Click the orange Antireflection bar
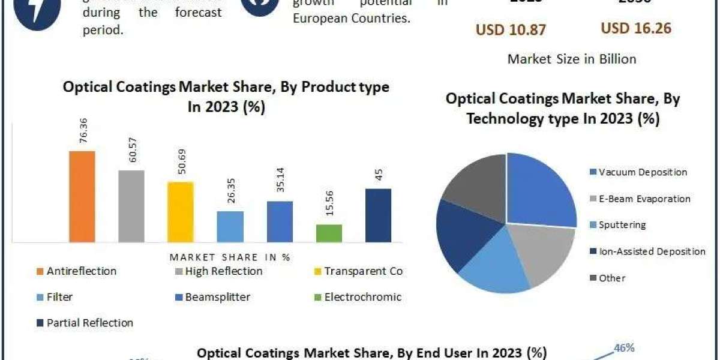click(x=82, y=196)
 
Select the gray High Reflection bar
click(x=131, y=206)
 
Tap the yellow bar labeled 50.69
click(x=181, y=212)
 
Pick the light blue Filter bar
click(x=230, y=226)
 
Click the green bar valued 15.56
click(x=328, y=233)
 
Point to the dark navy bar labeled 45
click(x=378, y=215)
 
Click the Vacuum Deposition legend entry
click(x=642, y=172)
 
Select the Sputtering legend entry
click(x=622, y=225)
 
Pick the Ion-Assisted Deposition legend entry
click(x=652, y=251)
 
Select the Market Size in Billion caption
click(x=572, y=59)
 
